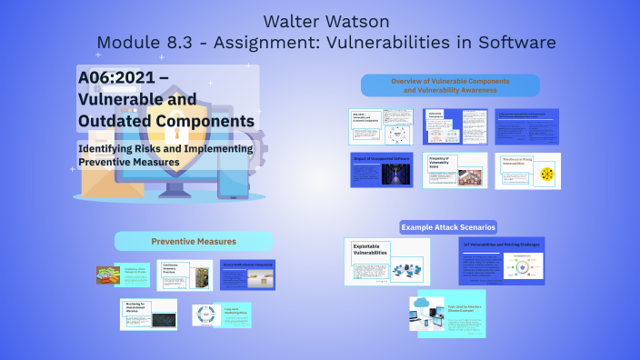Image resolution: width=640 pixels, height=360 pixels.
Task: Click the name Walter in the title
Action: point(290,21)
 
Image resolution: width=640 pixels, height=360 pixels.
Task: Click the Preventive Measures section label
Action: point(193,241)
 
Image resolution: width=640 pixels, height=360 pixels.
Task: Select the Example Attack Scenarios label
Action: point(448,226)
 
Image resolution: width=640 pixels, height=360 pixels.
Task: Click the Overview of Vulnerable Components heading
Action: point(450,85)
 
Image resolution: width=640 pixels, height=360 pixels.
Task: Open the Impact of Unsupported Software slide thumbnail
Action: point(382,170)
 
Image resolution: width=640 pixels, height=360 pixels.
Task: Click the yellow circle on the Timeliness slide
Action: point(546,174)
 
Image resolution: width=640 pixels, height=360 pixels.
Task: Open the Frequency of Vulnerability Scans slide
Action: point(455,170)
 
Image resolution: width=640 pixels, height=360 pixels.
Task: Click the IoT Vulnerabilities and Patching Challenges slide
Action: point(501,262)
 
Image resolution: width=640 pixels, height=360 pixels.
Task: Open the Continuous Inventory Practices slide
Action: point(185,275)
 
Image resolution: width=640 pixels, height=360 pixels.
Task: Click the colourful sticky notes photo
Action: point(111,275)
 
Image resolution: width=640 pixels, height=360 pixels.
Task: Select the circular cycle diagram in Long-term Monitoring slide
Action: point(207,315)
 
